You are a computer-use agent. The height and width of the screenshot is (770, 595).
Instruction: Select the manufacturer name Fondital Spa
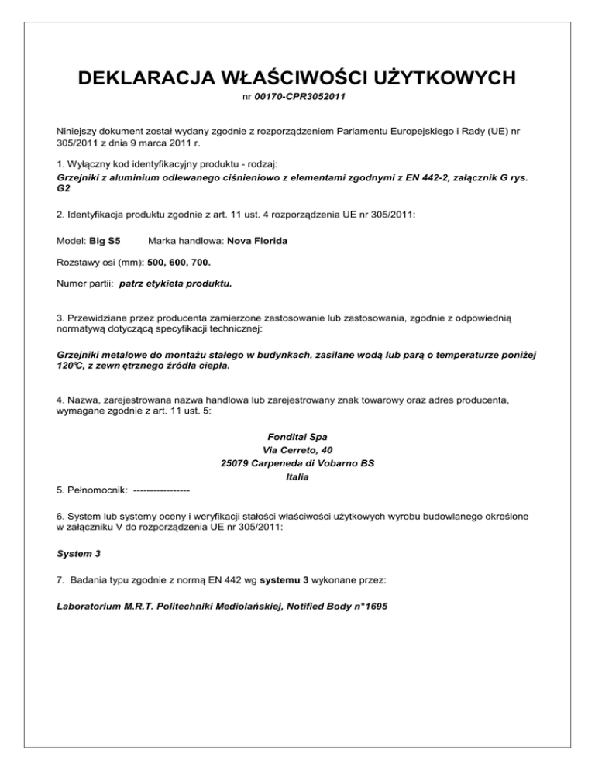click(x=297, y=437)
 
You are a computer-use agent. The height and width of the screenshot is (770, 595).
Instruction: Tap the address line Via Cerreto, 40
click(x=297, y=450)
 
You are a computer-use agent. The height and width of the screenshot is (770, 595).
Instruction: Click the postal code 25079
click(x=236, y=463)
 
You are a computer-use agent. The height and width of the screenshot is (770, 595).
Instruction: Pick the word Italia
click(x=297, y=476)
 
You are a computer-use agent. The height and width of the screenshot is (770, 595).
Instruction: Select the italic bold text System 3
click(x=77, y=555)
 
